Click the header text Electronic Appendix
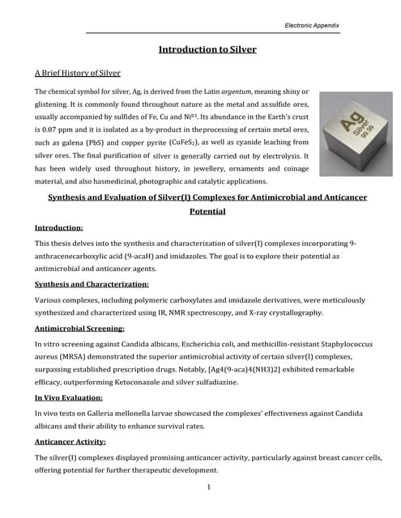(x=312, y=26)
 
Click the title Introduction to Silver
(x=207, y=49)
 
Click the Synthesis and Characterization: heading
(x=92, y=284)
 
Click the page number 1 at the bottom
(x=208, y=487)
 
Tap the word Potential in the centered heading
(x=207, y=211)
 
